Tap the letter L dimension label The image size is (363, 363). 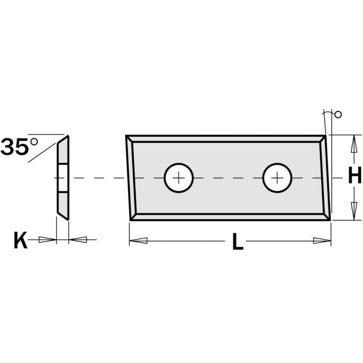pos(238,242)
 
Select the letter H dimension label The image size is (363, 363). pos(355,175)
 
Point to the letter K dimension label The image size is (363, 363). pos(20,240)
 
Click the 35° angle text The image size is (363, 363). pos(19,146)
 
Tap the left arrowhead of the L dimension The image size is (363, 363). pos(138,241)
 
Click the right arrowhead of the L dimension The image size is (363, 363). pos(322,241)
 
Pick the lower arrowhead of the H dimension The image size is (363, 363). pos(354,211)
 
